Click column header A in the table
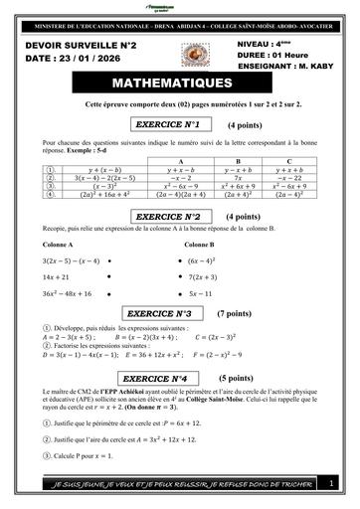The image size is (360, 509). [179, 160]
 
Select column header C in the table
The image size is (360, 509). [288, 160]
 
